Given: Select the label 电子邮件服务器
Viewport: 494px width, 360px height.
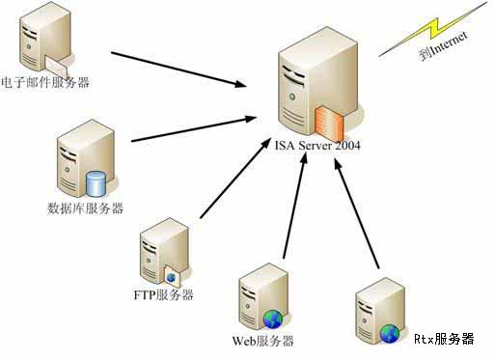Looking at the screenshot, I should click(x=46, y=83).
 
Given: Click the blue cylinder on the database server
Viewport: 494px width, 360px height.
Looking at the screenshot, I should click(x=96, y=182).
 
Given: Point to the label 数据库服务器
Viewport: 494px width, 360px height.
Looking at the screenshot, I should click(x=85, y=208).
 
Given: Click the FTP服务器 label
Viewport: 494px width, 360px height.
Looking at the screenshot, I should click(x=164, y=294).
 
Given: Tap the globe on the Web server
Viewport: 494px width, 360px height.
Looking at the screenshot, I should click(x=273, y=318).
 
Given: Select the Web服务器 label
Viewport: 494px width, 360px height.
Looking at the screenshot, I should click(x=262, y=341).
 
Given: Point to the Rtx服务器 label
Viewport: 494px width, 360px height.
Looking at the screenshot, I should click(x=444, y=339).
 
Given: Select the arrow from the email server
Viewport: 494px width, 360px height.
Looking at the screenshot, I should click(x=178, y=69).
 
